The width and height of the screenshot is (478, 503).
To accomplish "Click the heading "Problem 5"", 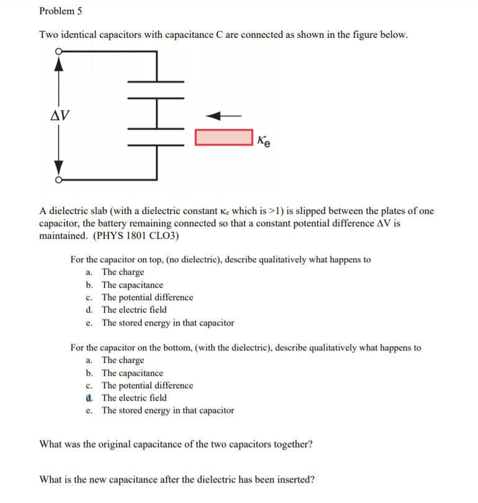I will coord(60,11).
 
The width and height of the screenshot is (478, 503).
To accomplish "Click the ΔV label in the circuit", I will coord(60,115).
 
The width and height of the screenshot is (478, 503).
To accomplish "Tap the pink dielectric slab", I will coord(223,137).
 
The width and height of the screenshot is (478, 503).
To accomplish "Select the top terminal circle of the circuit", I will coord(58,51).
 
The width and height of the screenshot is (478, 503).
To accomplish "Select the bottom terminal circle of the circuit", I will coord(58,180).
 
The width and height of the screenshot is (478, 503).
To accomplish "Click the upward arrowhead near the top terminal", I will coord(59,62).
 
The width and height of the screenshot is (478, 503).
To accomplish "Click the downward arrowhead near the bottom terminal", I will coord(59,169).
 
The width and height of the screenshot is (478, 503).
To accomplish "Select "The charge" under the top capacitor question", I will coord(123,272).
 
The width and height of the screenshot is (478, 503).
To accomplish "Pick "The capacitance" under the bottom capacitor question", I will coord(132,373).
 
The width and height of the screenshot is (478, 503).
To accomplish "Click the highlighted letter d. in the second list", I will coord(90,398).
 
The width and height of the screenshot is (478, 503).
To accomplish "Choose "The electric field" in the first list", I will coord(134,309).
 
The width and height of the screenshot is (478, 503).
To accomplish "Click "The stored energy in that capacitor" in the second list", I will coord(168,410).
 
